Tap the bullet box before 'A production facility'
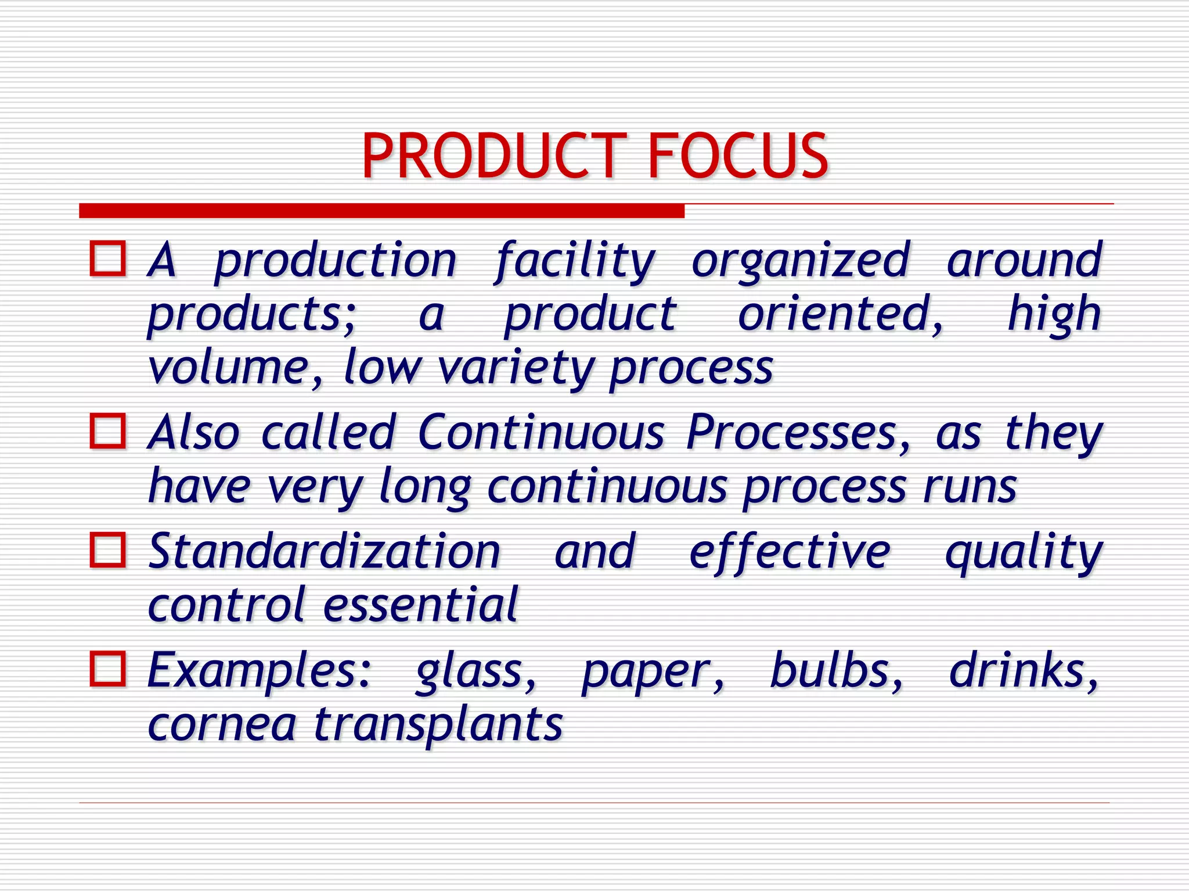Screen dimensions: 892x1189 click(108, 258)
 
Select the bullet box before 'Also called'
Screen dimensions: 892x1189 click(108, 431)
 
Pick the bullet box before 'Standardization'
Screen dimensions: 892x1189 click(108, 549)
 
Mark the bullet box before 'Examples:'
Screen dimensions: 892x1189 click(108, 669)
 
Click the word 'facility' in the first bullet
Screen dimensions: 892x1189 click(575, 261)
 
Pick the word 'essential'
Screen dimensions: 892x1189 click(420, 605)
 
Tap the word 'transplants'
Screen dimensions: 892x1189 click(438, 726)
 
